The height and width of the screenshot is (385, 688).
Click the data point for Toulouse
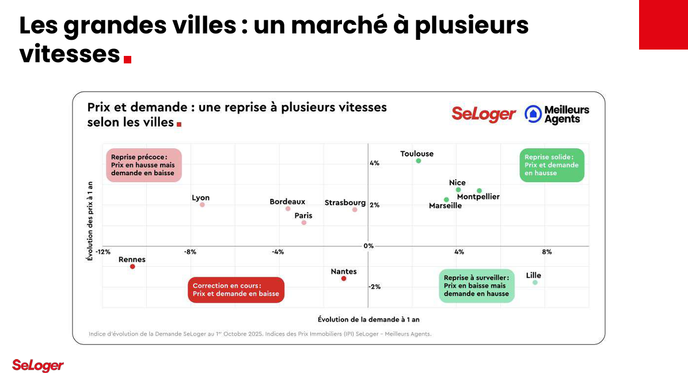pos(419,161)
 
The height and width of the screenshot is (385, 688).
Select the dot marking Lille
pos(535,282)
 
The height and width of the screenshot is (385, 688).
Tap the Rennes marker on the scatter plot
pos(132,267)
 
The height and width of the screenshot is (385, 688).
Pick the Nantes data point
pos(344,279)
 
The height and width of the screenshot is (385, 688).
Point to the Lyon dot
pos(202,205)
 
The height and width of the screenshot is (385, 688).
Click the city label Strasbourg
pos(345,203)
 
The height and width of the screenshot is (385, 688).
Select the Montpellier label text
pos(478,197)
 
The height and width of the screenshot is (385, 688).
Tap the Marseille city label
pos(445,206)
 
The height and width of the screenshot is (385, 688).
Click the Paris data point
pos(304,222)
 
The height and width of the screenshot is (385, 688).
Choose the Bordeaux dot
pos(288,209)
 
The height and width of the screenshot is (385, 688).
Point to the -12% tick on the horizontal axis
pos(102,252)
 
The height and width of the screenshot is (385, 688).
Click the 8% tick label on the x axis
pos(546,252)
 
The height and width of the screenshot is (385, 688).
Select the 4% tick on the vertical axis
pos(374,164)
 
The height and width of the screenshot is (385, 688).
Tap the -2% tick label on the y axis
pos(374,287)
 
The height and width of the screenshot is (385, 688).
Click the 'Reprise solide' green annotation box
pos(552,165)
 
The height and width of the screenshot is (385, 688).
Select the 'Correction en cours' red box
pos(236,290)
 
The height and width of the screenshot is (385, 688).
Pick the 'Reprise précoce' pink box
pos(143,165)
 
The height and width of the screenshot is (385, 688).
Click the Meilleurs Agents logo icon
pos(533,114)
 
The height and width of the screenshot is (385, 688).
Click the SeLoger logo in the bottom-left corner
pos(37,365)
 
